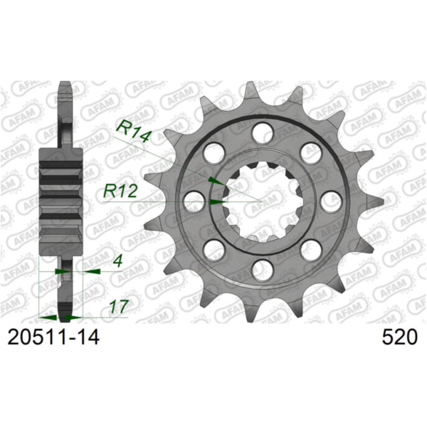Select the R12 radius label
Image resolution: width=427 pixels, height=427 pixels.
122,191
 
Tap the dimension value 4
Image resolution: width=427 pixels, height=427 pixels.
115,262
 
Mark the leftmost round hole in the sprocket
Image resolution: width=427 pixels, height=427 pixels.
193,201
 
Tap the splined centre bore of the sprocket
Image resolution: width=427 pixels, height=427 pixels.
260,201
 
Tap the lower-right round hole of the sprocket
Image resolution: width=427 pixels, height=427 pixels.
310,249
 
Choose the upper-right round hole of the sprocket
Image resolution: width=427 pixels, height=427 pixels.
310,152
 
